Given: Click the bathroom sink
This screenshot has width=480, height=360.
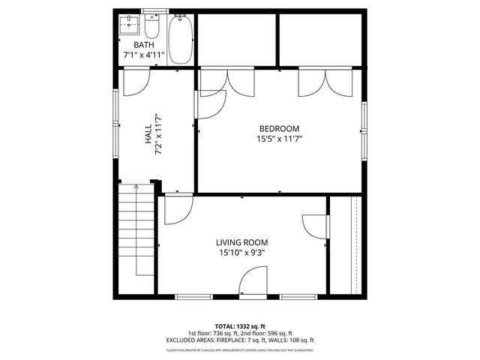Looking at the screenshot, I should (x=130, y=25).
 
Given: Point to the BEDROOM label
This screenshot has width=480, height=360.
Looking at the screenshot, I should (x=280, y=128).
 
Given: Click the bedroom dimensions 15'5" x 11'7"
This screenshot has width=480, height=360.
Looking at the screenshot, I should (x=280, y=139).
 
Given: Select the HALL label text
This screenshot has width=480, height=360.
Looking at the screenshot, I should (x=148, y=134).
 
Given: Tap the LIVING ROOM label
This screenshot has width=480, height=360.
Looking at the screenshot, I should (x=241, y=242).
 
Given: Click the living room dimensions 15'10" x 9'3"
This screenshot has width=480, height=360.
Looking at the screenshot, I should (x=241, y=253).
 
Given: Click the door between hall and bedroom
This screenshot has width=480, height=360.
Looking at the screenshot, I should (x=211, y=103).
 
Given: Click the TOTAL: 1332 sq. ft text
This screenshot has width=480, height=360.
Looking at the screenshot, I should (x=239, y=325).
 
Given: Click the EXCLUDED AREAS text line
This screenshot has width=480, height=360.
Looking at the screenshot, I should (x=239, y=340).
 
